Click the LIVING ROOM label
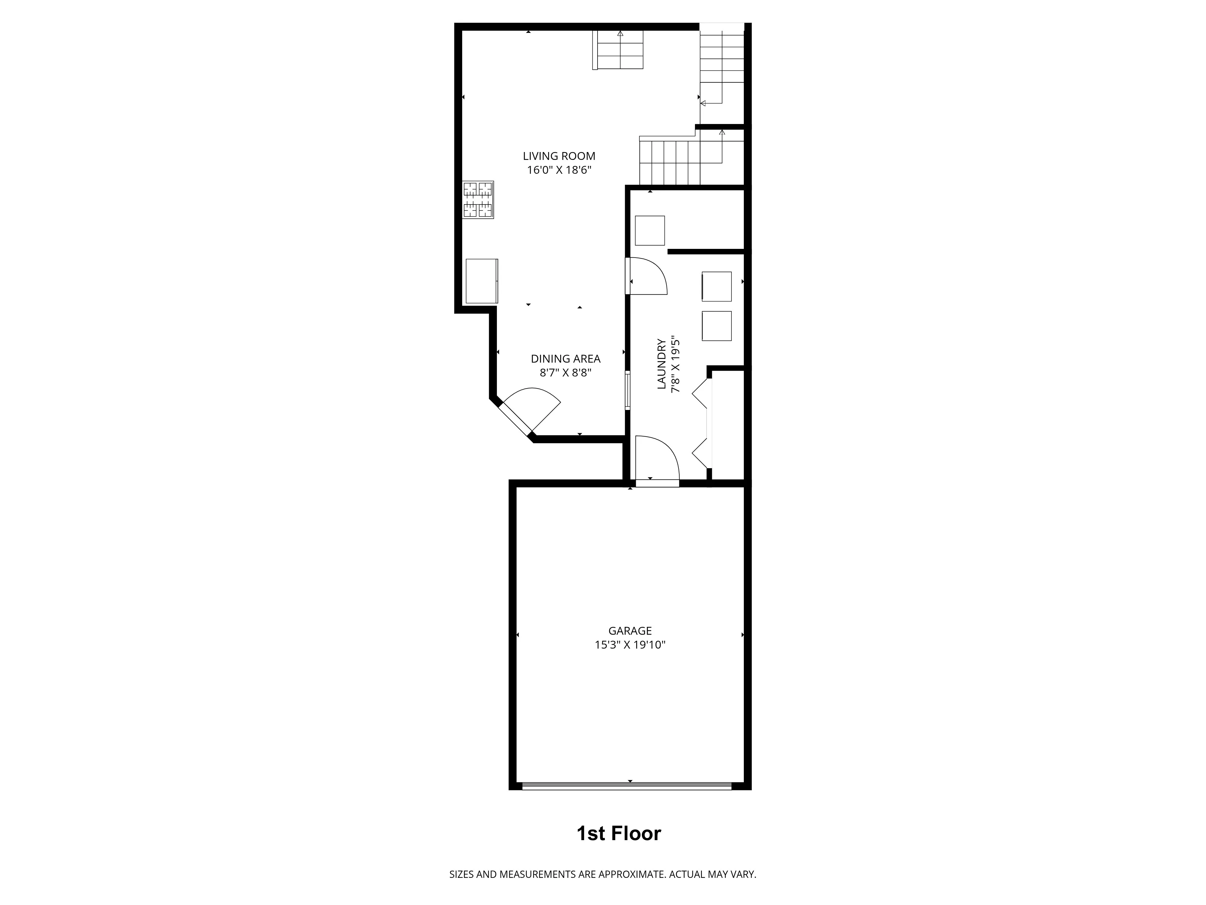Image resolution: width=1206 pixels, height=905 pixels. [x=559, y=156]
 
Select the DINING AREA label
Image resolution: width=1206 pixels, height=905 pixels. [x=565, y=359]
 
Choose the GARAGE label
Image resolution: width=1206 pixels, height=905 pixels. [x=630, y=630]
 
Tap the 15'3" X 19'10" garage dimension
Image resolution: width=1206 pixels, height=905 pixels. [x=630, y=645]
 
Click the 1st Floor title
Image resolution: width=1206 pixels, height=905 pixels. [x=619, y=834]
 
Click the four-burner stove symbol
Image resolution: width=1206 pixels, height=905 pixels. [x=478, y=200]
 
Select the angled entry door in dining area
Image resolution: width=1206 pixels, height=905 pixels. [x=523, y=414]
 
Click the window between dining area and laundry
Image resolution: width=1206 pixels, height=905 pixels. [x=627, y=390]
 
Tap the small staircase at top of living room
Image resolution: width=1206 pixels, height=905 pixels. [x=619, y=50]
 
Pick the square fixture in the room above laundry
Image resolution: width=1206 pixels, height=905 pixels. [x=650, y=231]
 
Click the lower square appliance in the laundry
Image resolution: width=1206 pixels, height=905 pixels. [x=716, y=326]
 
